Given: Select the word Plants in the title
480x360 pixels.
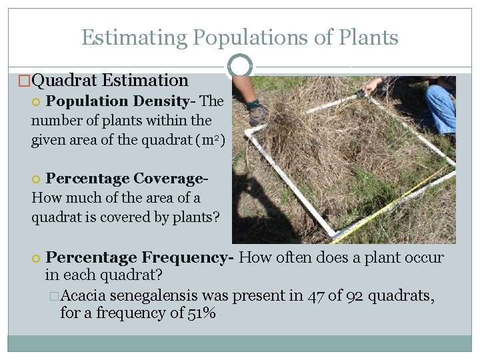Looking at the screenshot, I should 367,37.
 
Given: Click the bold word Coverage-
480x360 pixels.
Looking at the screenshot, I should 171,179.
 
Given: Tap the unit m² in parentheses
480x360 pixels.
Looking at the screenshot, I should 210,141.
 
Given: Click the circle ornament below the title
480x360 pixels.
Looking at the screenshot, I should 240,66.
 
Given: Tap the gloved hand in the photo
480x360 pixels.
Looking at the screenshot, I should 257,114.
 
